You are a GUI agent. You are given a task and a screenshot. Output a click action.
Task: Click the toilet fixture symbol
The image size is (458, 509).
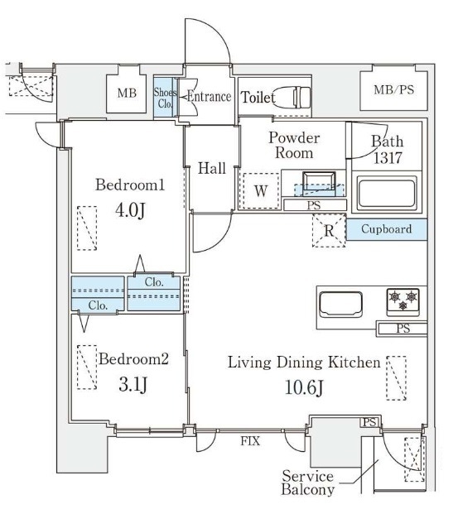coord(292,97)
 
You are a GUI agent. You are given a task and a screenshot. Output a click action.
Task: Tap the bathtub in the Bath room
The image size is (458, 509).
coord(387,194)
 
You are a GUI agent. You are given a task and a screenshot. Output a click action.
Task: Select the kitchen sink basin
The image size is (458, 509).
coord(340,305)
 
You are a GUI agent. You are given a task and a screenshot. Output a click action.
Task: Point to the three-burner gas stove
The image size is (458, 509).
coord(403,302)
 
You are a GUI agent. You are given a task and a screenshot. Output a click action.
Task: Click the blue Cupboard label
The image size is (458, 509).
coord(386,229)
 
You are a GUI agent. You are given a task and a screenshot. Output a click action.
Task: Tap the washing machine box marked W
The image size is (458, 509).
coord(261,190)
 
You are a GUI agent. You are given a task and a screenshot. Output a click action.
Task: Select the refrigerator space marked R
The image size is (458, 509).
coord(329,230)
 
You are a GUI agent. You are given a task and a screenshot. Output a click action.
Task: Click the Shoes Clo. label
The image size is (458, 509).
coord(166,98)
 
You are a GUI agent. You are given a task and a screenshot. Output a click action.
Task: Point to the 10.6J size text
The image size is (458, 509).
coord(304,387)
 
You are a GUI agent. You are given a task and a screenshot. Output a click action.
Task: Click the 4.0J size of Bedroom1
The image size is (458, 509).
coord(130,210)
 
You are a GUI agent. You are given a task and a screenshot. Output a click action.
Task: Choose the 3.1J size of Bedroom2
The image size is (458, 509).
coord(133,385)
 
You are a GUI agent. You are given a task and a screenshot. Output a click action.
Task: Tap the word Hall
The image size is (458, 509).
coord(212,168)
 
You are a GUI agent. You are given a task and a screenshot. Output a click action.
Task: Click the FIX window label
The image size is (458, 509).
coord(250,441)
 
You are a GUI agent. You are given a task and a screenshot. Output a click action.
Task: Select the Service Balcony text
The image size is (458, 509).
coord(307,483)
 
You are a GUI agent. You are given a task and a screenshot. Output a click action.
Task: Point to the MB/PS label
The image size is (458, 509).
coord(393,89)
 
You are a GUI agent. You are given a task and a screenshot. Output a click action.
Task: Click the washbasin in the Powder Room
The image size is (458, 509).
coord(319,183)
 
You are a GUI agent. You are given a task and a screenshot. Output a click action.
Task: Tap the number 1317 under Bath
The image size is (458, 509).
coord(388,158)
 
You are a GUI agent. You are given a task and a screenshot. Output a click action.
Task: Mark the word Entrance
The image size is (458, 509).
coord(210,96)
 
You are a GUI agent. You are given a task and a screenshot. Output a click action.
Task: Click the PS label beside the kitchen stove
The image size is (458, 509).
coord(403,329)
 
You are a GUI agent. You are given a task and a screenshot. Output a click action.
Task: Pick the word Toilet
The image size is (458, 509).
coord(258,98)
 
